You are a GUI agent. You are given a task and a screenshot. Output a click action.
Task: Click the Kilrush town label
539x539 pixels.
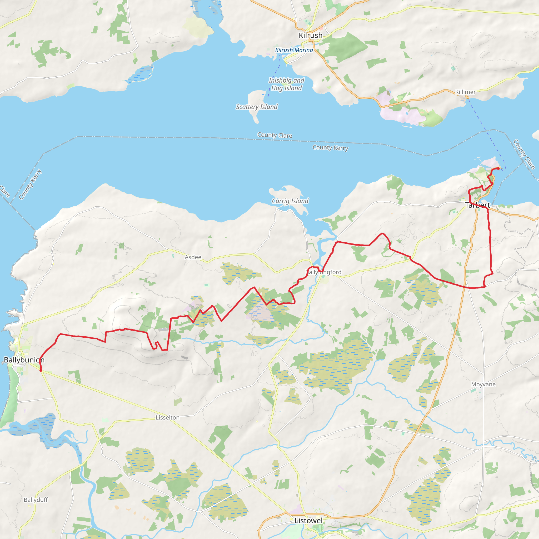coord(311,36)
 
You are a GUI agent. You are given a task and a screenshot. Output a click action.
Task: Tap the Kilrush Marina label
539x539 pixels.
coord(294,50)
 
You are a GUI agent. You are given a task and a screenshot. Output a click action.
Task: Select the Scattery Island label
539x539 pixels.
coord(257,107)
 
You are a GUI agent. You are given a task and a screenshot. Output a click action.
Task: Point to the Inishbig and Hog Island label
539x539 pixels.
coord(286,84)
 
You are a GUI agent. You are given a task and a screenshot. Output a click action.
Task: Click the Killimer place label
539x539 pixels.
coord(465,92)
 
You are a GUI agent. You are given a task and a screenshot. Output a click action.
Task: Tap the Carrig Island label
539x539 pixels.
coord(290,201)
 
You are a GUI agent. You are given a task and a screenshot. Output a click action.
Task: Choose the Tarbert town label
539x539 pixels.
coord(477,205)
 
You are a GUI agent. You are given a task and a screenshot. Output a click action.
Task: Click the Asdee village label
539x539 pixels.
coord(193,257)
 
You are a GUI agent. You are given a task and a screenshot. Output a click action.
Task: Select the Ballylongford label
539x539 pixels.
coord(323,272)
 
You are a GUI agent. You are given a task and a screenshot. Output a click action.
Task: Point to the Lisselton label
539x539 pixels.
coord(167,417)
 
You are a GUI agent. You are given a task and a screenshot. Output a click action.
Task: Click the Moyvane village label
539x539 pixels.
coord(483,384)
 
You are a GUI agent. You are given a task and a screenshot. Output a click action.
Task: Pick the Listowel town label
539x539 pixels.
coord(308,521)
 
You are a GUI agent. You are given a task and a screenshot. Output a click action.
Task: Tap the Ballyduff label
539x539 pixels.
coord(36,500)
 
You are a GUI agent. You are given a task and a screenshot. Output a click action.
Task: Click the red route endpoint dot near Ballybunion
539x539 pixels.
coord(41,371)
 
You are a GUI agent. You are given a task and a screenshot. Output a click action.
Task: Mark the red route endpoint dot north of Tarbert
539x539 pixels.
coord(498,168)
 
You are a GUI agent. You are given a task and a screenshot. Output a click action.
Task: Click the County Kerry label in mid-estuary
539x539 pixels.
coord(330,148)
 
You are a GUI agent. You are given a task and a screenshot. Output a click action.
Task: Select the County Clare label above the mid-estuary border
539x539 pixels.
coord(275,135)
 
